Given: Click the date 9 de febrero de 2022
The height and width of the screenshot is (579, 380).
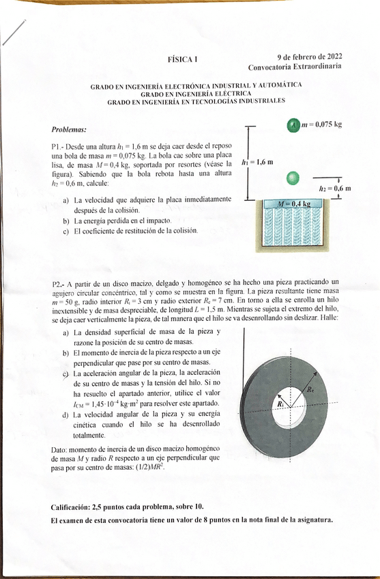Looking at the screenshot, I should [x=310, y=57].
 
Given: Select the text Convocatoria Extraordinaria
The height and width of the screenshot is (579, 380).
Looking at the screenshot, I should [x=295, y=67].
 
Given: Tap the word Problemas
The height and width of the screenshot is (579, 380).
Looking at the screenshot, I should [x=69, y=129].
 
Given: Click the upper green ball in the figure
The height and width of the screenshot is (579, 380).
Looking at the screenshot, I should [x=293, y=125].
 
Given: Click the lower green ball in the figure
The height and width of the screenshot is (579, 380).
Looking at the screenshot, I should [x=293, y=179].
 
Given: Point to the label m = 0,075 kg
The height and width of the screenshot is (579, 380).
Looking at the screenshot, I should [x=321, y=124].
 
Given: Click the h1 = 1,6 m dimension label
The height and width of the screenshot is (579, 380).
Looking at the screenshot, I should [x=257, y=163].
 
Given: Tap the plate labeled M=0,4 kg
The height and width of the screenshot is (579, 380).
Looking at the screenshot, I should [x=293, y=203].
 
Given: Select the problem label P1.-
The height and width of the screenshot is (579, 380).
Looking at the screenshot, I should [x=58, y=146].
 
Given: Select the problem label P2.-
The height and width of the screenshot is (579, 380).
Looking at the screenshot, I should [x=59, y=282].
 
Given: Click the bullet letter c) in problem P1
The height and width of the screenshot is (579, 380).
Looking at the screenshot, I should [x=65, y=231].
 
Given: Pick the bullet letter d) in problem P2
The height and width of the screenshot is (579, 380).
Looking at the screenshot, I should [x=65, y=414].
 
